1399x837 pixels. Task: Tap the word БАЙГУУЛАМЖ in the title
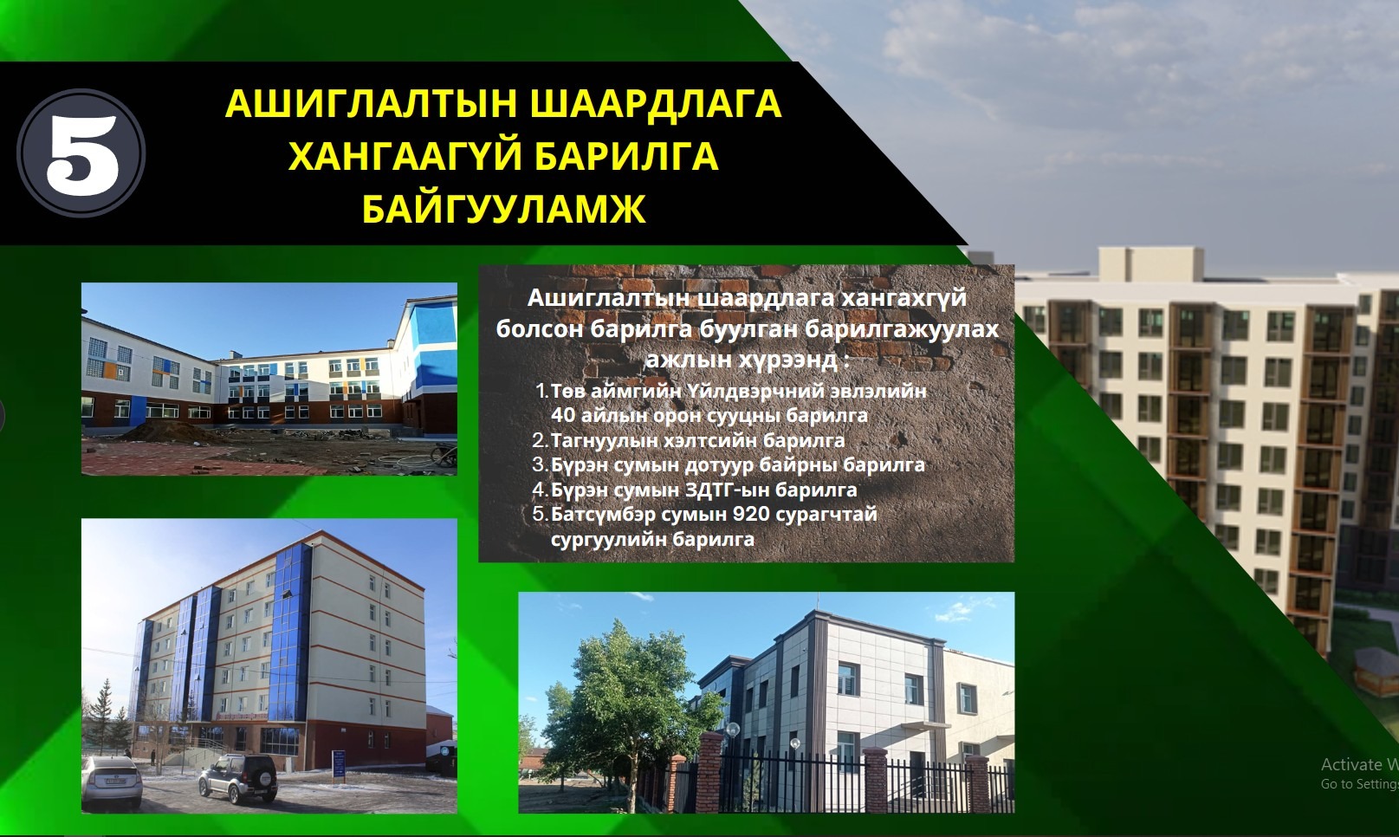pos(503,209)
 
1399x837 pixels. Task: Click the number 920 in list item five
pos(751,514)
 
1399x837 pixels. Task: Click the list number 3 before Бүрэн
pos(539,465)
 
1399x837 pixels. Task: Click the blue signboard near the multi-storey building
pos(339,764)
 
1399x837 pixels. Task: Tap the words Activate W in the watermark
pos(1359,764)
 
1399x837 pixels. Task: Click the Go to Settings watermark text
pos(1359,784)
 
